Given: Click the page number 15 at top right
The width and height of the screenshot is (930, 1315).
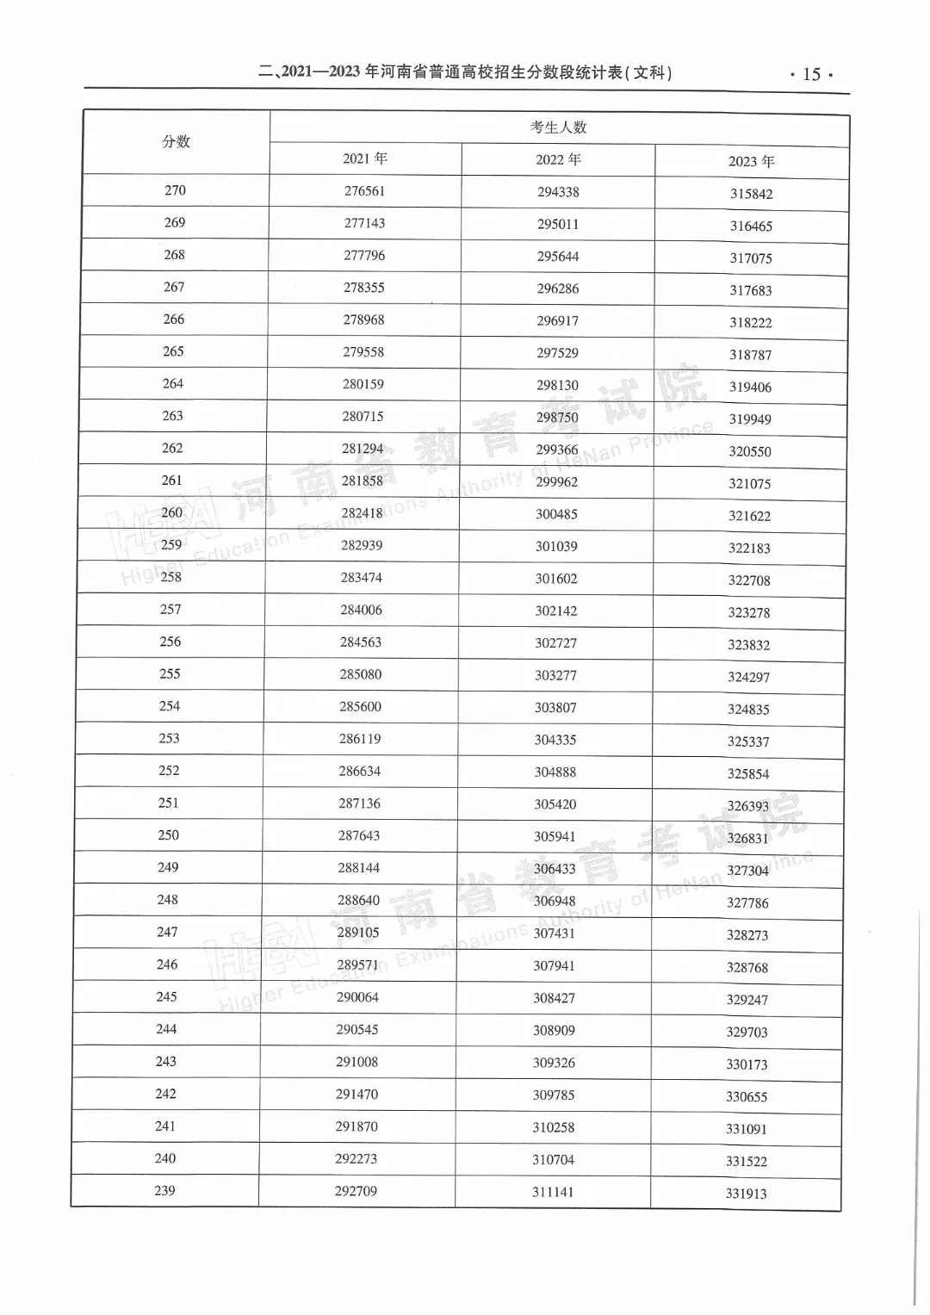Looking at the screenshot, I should (x=811, y=74).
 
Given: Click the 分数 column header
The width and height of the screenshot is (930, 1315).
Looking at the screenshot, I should (x=176, y=142).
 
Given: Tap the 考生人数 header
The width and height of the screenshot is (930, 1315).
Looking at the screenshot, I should (x=558, y=127).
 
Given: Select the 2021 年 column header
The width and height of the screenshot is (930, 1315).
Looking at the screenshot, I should (x=365, y=158).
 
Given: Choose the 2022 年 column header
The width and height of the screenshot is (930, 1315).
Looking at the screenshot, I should (x=558, y=159).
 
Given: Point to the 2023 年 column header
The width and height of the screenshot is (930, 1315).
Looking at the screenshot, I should (x=751, y=162).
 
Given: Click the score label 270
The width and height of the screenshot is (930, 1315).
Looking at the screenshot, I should (x=175, y=190).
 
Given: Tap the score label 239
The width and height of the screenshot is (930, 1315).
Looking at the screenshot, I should (x=164, y=1191).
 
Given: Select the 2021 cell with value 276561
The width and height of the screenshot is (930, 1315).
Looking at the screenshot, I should (x=364, y=191).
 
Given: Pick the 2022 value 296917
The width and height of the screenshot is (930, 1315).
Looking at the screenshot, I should (x=557, y=321).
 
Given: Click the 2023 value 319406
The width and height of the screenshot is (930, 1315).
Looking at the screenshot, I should (x=750, y=388).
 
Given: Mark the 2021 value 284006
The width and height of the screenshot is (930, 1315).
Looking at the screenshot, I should (x=361, y=610).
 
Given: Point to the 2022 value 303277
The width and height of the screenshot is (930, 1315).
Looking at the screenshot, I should (x=555, y=675).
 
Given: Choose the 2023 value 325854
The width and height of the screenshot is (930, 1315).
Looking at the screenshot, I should (x=748, y=774).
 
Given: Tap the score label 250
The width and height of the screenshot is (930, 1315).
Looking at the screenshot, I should (x=169, y=835).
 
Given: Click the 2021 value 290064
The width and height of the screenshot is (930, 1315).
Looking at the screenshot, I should (x=357, y=997).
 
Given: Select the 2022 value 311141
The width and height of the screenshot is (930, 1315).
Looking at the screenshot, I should (x=552, y=1193).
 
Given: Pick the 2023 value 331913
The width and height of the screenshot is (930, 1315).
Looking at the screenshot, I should (x=746, y=1194).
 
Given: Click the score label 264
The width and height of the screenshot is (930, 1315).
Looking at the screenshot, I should (x=173, y=384).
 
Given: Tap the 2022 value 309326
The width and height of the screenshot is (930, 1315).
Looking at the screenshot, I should (x=554, y=1063).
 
